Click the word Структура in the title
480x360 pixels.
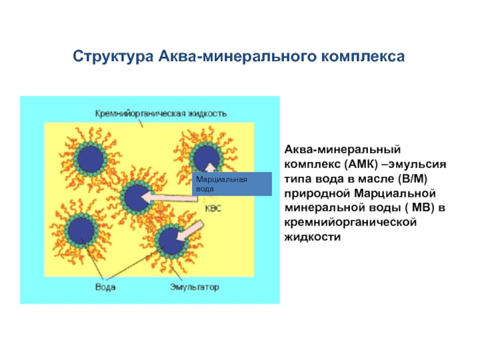point(113,57)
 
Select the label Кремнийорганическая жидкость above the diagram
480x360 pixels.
point(161,114)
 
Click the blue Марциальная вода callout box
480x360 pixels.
point(232,184)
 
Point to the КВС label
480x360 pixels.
point(213,208)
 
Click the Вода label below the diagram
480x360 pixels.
point(106,287)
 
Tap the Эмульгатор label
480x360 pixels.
point(194,287)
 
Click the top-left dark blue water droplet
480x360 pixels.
point(90,159)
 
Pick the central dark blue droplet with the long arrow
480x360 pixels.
point(137,197)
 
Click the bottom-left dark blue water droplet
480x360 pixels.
point(81,230)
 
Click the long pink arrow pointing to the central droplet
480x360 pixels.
point(169,197)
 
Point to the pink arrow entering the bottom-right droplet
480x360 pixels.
point(190,232)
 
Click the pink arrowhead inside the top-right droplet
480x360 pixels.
point(210,167)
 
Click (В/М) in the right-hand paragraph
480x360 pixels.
point(412,179)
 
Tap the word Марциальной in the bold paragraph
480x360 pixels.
point(395,193)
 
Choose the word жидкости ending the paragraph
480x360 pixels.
point(312,237)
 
